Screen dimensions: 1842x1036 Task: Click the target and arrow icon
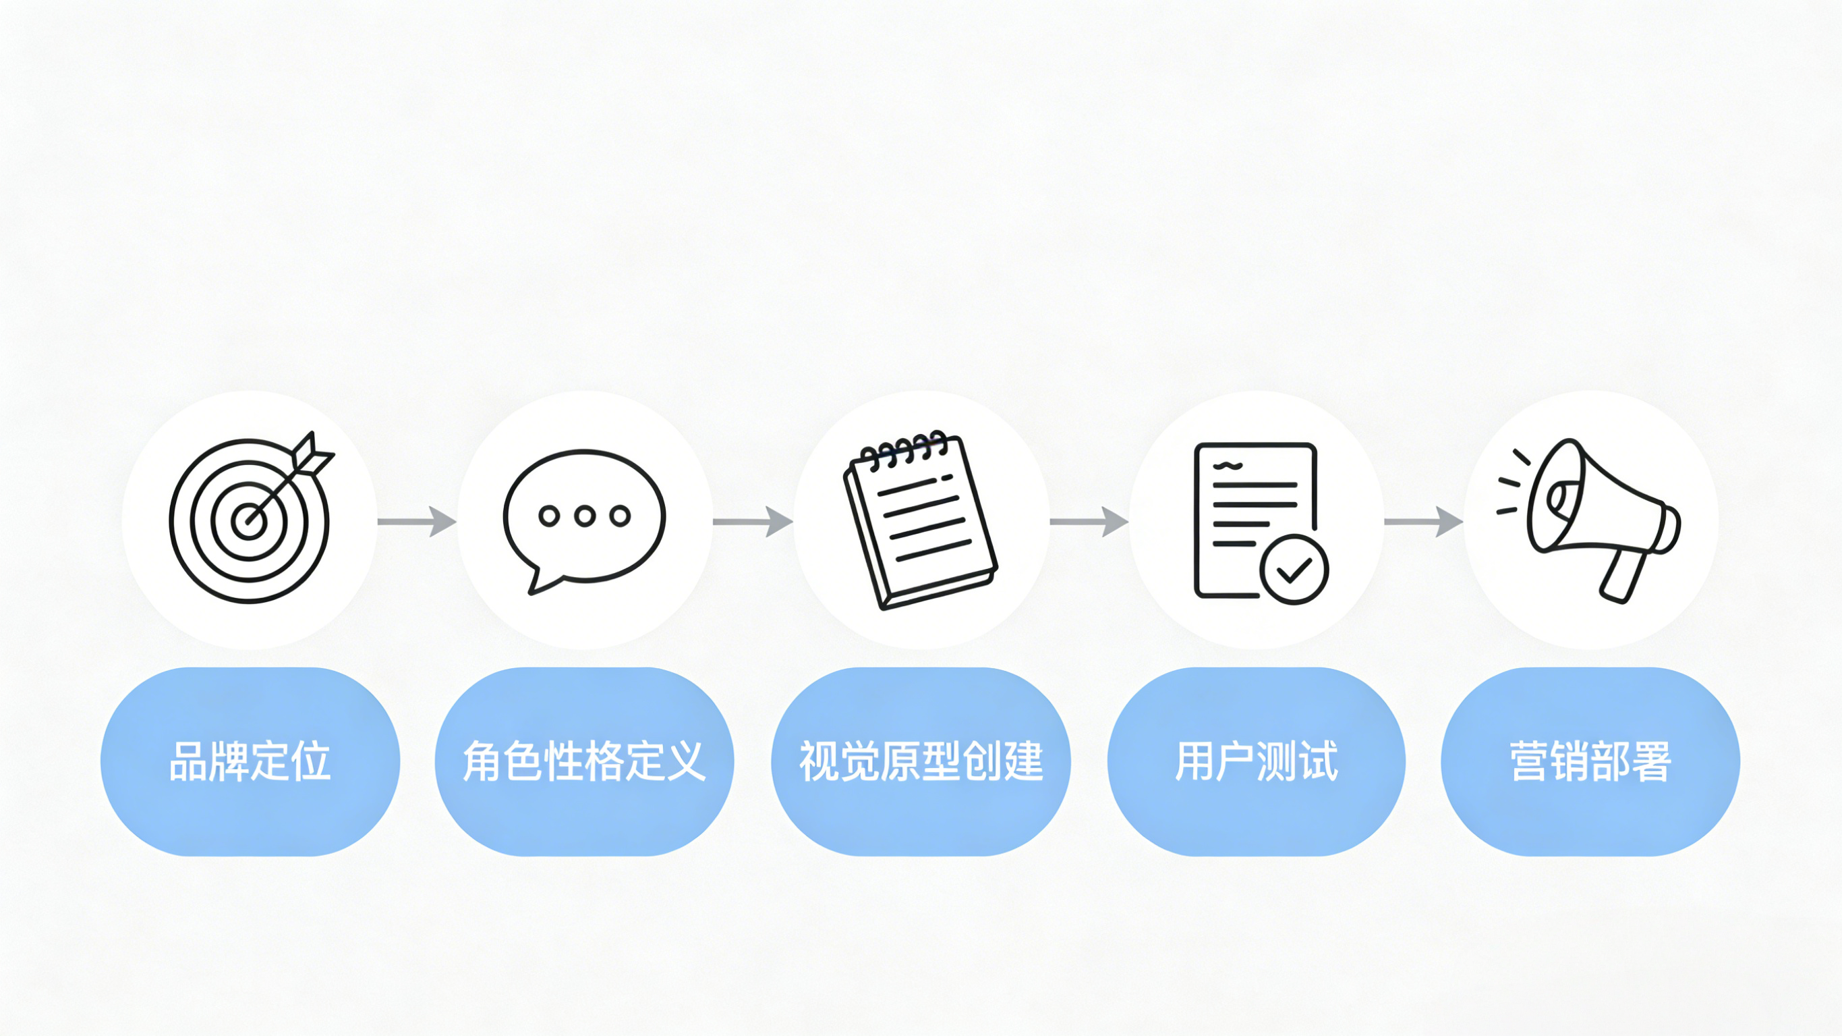250,520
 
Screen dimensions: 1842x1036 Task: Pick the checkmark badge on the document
1294,570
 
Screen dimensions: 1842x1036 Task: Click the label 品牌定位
250,761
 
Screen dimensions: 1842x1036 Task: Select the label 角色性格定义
584,761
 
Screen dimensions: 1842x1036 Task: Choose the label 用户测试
1257,761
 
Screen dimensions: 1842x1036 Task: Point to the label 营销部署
1590,761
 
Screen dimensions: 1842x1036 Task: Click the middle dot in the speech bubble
585,516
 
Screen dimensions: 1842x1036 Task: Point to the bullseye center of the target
249,520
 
